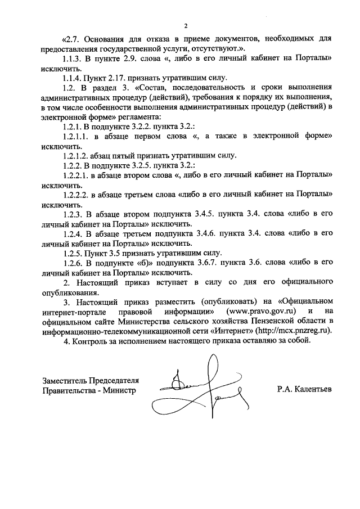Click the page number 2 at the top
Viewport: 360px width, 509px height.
click(x=184, y=25)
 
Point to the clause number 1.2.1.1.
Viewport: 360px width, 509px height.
click(x=77, y=136)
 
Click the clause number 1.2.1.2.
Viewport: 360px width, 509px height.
click(x=77, y=156)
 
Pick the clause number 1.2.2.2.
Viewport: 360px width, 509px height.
click(x=77, y=195)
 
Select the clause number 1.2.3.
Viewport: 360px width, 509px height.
click(x=74, y=214)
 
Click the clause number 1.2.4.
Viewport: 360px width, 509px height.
click(x=74, y=233)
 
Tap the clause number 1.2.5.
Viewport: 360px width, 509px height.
click(x=74, y=253)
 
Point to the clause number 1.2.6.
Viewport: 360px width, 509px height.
click(x=74, y=263)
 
